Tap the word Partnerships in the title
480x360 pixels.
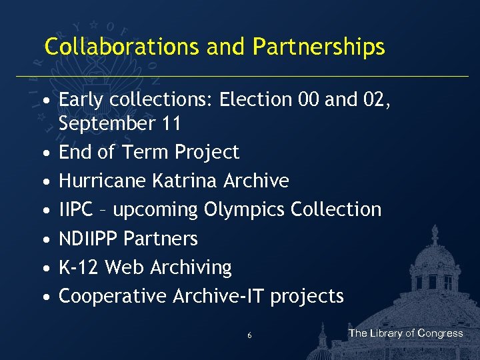(x=319, y=47)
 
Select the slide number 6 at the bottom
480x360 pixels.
(x=249, y=335)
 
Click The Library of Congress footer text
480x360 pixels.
(x=405, y=333)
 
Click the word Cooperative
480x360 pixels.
(x=113, y=296)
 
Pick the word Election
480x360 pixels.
(x=255, y=99)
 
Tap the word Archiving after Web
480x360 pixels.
(x=191, y=267)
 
